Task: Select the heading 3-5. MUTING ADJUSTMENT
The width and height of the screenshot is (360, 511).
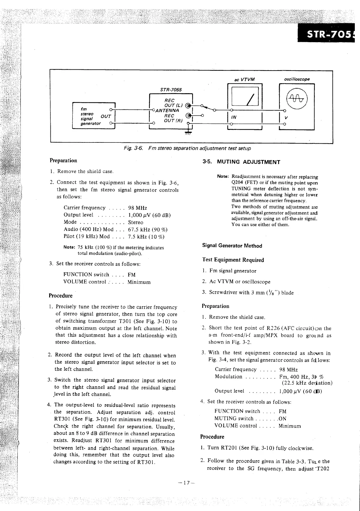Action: (241, 162)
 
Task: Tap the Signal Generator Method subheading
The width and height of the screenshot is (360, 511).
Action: (232, 246)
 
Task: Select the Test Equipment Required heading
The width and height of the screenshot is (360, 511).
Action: (233, 260)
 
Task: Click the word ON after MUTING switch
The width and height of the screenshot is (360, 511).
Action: (282, 419)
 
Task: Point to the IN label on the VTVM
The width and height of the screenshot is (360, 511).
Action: (234, 117)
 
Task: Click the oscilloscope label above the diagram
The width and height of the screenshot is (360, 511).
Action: (297, 79)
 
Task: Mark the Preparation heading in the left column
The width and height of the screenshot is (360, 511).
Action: (64, 160)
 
